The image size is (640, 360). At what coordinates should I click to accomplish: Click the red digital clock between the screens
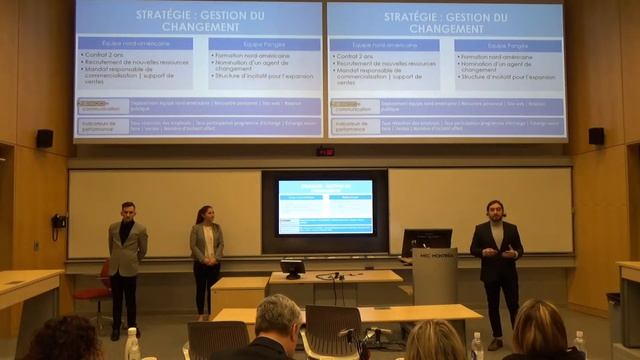point(325,151)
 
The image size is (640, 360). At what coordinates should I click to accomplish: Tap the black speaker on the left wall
point(45,138)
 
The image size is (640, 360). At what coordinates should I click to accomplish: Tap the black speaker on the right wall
point(596,136)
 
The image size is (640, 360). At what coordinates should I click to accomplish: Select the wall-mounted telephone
point(59,222)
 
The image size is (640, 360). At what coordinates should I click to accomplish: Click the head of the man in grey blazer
point(127,212)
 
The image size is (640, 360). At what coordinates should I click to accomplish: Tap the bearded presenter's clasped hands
point(499,253)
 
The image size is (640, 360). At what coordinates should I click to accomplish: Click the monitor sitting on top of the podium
point(427,241)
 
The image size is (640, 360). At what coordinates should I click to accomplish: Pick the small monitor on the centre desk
point(292,267)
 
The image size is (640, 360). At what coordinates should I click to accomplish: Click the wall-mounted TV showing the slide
point(324,207)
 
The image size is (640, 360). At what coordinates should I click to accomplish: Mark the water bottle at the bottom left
point(132,345)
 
